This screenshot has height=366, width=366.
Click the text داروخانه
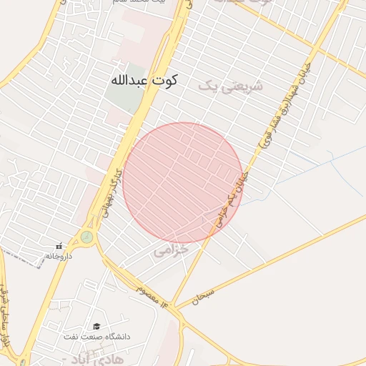(60, 255)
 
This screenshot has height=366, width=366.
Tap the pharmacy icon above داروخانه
(60, 246)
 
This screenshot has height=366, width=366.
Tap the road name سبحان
(202, 296)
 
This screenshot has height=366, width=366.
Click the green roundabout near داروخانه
(87, 237)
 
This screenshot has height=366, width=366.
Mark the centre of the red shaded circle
(183, 183)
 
